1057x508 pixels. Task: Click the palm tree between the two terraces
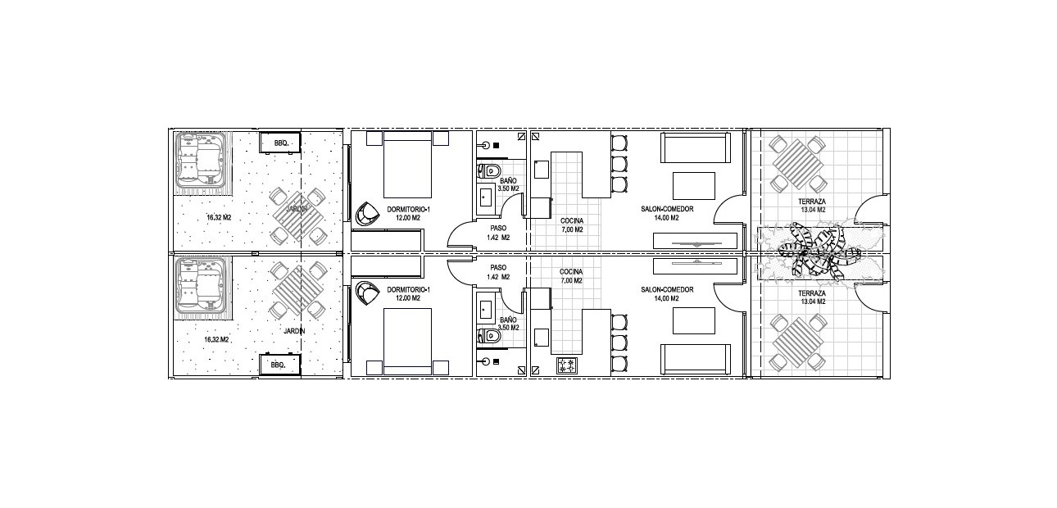pos(819,251)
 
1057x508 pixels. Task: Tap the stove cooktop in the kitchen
pos(567,366)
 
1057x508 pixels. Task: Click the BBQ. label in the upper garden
pos(281,143)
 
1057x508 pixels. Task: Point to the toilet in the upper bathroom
pos(490,170)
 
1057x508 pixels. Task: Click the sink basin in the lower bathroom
pos(486,310)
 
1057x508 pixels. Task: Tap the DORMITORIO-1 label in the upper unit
pos(409,210)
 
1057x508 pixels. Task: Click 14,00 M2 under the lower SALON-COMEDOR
pos(666,298)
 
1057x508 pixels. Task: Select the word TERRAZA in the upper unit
pos(812,202)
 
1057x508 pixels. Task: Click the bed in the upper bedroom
pos(408,164)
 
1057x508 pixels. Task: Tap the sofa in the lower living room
pos(696,361)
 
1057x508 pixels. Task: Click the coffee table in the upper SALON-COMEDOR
pos(694,186)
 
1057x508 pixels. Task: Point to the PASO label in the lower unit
pos(498,267)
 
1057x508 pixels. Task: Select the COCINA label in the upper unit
pos(572,220)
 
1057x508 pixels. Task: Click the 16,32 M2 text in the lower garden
pos(216,339)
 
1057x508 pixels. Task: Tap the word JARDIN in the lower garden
pos(294,331)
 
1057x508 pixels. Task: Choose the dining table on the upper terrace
pos(798,164)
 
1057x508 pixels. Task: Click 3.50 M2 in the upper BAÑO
pos(508,188)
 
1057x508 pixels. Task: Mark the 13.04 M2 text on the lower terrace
pos(812,302)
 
